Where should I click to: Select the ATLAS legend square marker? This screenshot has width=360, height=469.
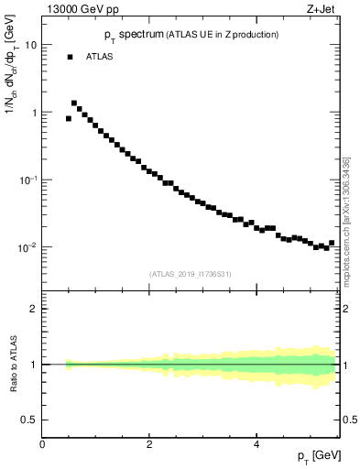pyautogui.click(x=70, y=57)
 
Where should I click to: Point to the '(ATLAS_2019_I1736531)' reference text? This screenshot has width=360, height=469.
pyautogui.click(x=191, y=273)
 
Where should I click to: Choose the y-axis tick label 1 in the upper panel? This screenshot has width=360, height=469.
pyautogui.click(x=34, y=113)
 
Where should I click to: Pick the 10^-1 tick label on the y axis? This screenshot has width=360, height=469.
pyautogui.click(x=27, y=180)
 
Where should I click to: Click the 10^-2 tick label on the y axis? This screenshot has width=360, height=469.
pyautogui.click(x=27, y=247)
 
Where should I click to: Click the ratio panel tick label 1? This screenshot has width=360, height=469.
pyautogui.click(x=34, y=365)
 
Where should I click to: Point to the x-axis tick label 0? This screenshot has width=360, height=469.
pyautogui.click(x=42, y=444)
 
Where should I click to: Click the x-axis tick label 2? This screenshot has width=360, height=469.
pyautogui.click(x=149, y=444)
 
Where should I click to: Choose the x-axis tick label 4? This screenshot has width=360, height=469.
pyautogui.click(x=256, y=444)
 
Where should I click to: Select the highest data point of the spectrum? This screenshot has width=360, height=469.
pyautogui.click(x=74, y=104)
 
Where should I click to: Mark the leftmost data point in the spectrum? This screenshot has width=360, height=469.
pyautogui.click(x=69, y=118)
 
